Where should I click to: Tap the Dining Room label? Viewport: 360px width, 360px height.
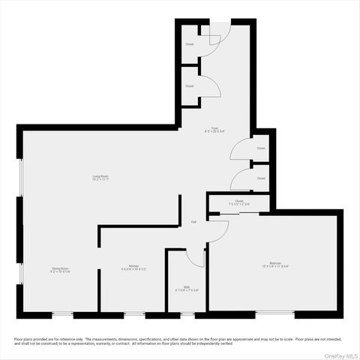click(x=60, y=268)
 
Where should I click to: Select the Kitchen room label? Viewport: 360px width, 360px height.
click(x=133, y=266)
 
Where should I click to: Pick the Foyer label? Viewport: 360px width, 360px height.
click(x=214, y=129)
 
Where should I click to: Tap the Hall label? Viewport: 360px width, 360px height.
click(x=193, y=222)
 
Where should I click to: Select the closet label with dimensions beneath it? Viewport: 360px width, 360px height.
click(x=238, y=200)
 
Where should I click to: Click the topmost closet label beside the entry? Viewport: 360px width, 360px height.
click(x=190, y=44)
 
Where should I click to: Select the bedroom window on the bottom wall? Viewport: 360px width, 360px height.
click(x=274, y=313)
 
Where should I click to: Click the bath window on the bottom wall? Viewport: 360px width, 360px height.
click(x=186, y=315)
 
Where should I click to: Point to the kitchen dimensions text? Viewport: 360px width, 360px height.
click(x=133, y=269)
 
